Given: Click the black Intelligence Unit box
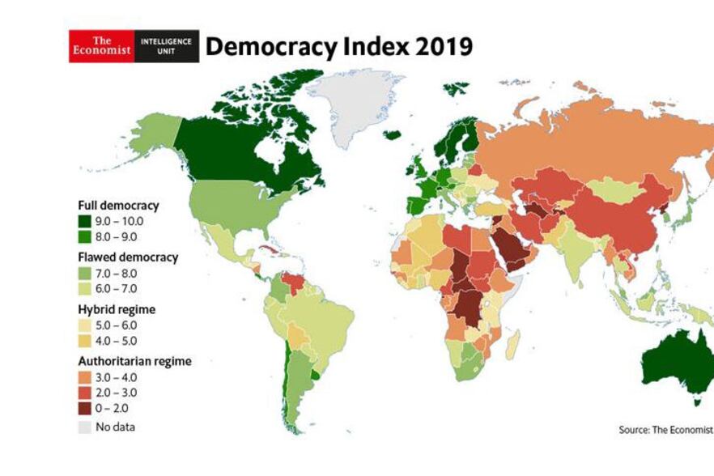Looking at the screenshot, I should [x=166, y=46].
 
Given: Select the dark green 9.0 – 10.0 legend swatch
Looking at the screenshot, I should [x=85, y=221].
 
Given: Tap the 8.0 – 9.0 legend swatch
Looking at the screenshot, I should [x=85, y=236].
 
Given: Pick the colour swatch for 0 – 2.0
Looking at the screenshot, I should [x=85, y=408].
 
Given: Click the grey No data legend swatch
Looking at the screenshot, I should [x=85, y=427].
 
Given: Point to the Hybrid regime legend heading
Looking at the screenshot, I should [x=117, y=309].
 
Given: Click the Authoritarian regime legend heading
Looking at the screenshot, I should [x=134, y=361].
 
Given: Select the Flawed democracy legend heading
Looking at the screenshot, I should [x=128, y=257].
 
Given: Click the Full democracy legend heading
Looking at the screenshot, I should [x=118, y=205].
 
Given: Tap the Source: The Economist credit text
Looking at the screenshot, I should [x=665, y=429].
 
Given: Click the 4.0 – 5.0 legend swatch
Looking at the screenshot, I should [x=85, y=340].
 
